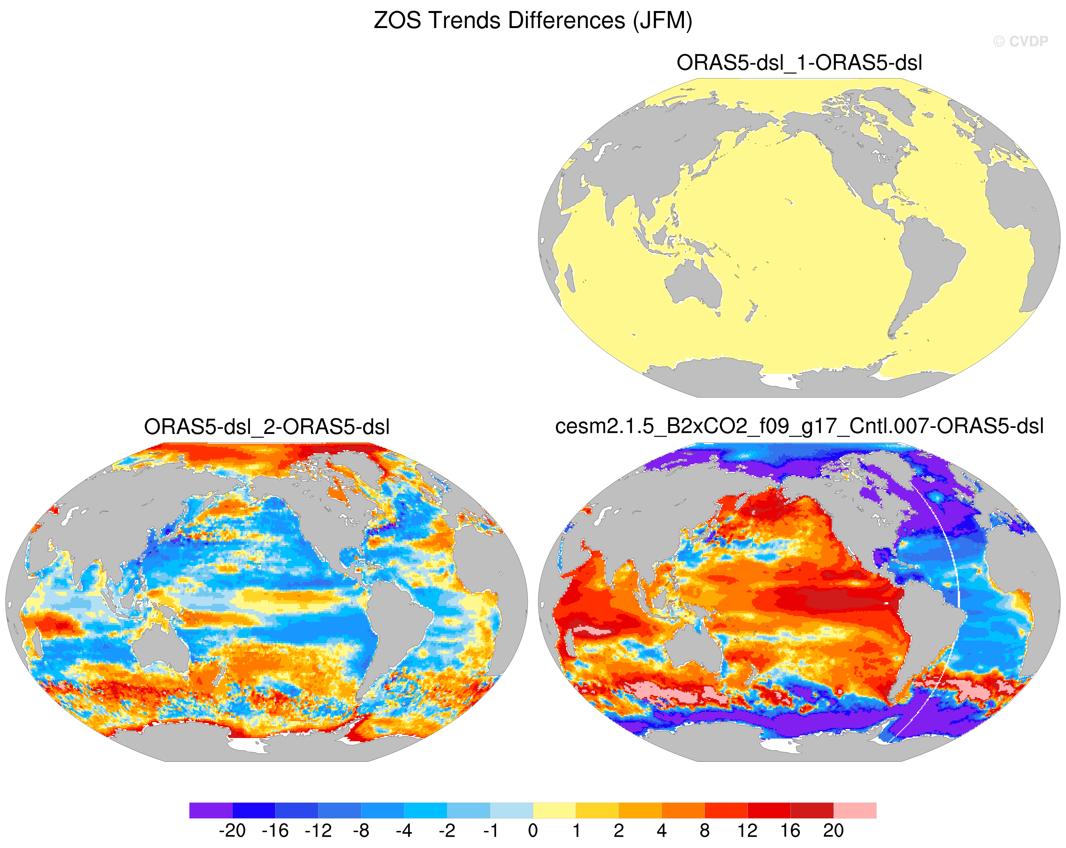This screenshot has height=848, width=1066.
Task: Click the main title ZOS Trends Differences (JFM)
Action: [x=533, y=21]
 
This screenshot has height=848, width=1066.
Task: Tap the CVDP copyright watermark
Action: [x=1021, y=42]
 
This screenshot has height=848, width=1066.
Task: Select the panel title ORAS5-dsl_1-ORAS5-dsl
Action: [x=799, y=63]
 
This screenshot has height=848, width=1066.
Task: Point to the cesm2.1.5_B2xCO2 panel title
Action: [x=799, y=426]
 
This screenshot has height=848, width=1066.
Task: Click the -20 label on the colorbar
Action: [x=232, y=830]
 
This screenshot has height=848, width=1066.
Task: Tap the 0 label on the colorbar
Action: [x=533, y=830]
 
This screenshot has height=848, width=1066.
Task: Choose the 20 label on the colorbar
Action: [x=833, y=830]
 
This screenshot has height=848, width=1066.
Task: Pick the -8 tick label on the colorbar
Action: [x=361, y=830]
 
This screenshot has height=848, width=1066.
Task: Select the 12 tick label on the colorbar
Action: [x=747, y=830]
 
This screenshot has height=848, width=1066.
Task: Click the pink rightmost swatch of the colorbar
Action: [x=855, y=810]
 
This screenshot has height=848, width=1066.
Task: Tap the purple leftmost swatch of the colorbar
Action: [x=211, y=810]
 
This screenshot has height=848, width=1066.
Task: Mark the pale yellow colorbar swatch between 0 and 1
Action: [x=554, y=810]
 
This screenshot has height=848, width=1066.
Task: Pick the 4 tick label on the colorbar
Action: [x=662, y=830]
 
